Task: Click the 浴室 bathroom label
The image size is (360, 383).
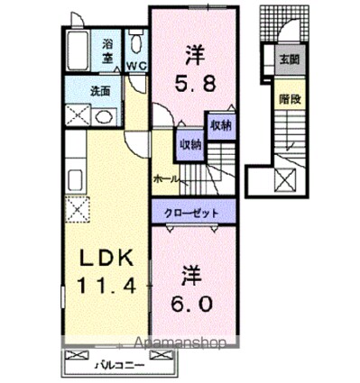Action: (x=107, y=51)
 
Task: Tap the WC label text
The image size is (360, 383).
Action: (x=136, y=66)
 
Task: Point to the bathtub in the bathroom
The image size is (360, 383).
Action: (x=78, y=50)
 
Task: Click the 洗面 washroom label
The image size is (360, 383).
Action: (x=100, y=91)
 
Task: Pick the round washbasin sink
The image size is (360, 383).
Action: (x=104, y=117)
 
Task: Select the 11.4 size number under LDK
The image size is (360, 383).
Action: (x=107, y=285)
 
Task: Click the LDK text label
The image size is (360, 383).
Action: (x=106, y=258)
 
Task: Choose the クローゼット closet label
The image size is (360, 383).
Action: (x=191, y=214)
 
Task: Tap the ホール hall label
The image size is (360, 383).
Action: (x=166, y=179)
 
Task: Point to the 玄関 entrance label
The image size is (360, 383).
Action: (x=289, y=59)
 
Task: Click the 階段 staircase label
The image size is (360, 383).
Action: (x=290, y=99)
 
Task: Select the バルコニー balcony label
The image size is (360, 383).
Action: (x=120, y=366)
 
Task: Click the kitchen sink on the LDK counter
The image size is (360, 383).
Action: (x=75, y=180)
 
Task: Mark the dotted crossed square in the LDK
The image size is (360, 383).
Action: (x=78, y=209)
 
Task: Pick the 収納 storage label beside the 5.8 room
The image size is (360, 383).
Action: (x=221, y=125)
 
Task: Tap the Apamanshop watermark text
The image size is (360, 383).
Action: (x=180, y=343)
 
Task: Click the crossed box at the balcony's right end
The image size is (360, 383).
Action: (x=162, y=355)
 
